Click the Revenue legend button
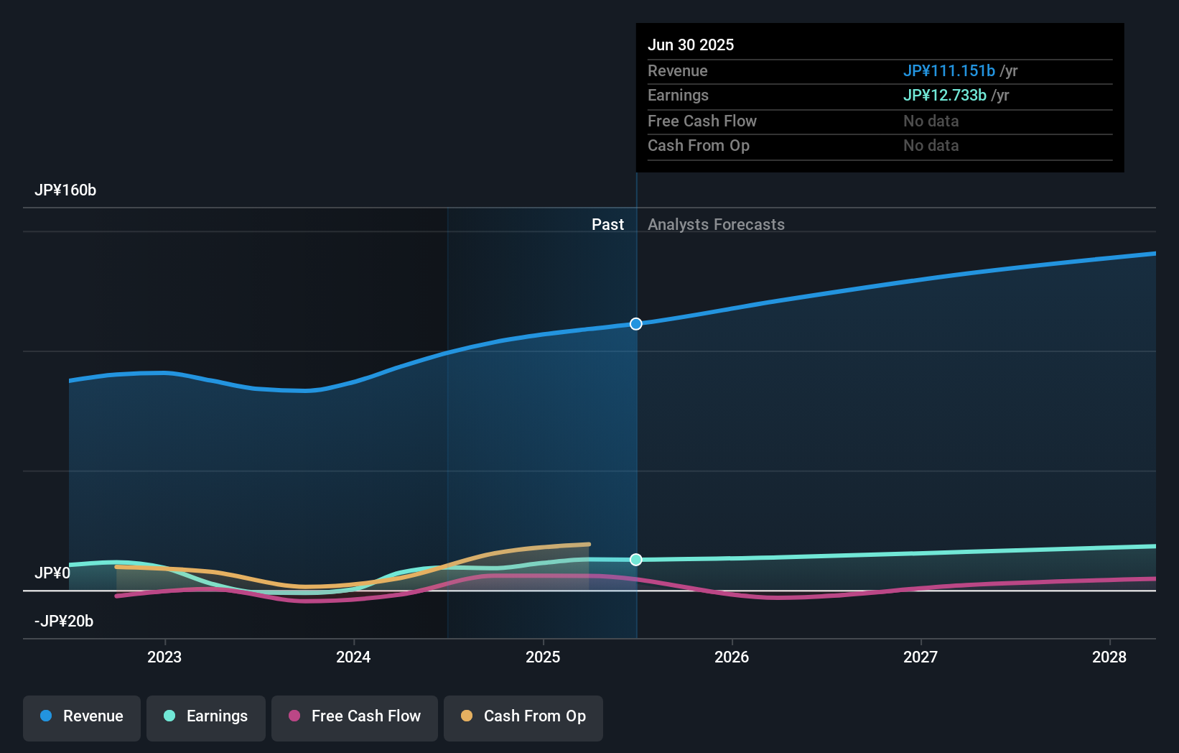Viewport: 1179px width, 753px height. [82, 716]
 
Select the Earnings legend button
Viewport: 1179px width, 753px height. [206, 716]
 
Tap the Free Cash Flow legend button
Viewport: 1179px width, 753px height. [355, 716]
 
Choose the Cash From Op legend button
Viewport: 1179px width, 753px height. [523, 716]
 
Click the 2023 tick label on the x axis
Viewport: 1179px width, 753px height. [164, 657]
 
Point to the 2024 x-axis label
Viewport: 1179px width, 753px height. [353, 657]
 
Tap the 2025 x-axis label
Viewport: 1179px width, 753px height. [543, 657]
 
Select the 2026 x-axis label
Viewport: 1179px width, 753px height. [732, 657]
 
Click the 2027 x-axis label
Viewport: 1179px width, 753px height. [921, 657]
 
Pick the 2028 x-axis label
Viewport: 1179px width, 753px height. [1109, 657]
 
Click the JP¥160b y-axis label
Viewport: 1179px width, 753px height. [65, 190]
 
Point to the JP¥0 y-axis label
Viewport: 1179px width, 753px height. [52, 573]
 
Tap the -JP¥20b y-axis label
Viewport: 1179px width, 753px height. [64, 622]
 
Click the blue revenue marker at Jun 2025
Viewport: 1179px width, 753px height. [636, 324]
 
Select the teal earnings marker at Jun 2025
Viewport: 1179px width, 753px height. [636, 560]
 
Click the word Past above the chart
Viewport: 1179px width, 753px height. [607, 225]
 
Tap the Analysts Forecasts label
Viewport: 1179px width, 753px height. [716, 225]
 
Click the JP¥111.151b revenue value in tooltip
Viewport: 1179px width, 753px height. [949, 71]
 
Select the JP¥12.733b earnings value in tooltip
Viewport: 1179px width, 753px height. [944, 96]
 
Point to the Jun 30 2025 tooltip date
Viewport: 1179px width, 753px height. [691, 45]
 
